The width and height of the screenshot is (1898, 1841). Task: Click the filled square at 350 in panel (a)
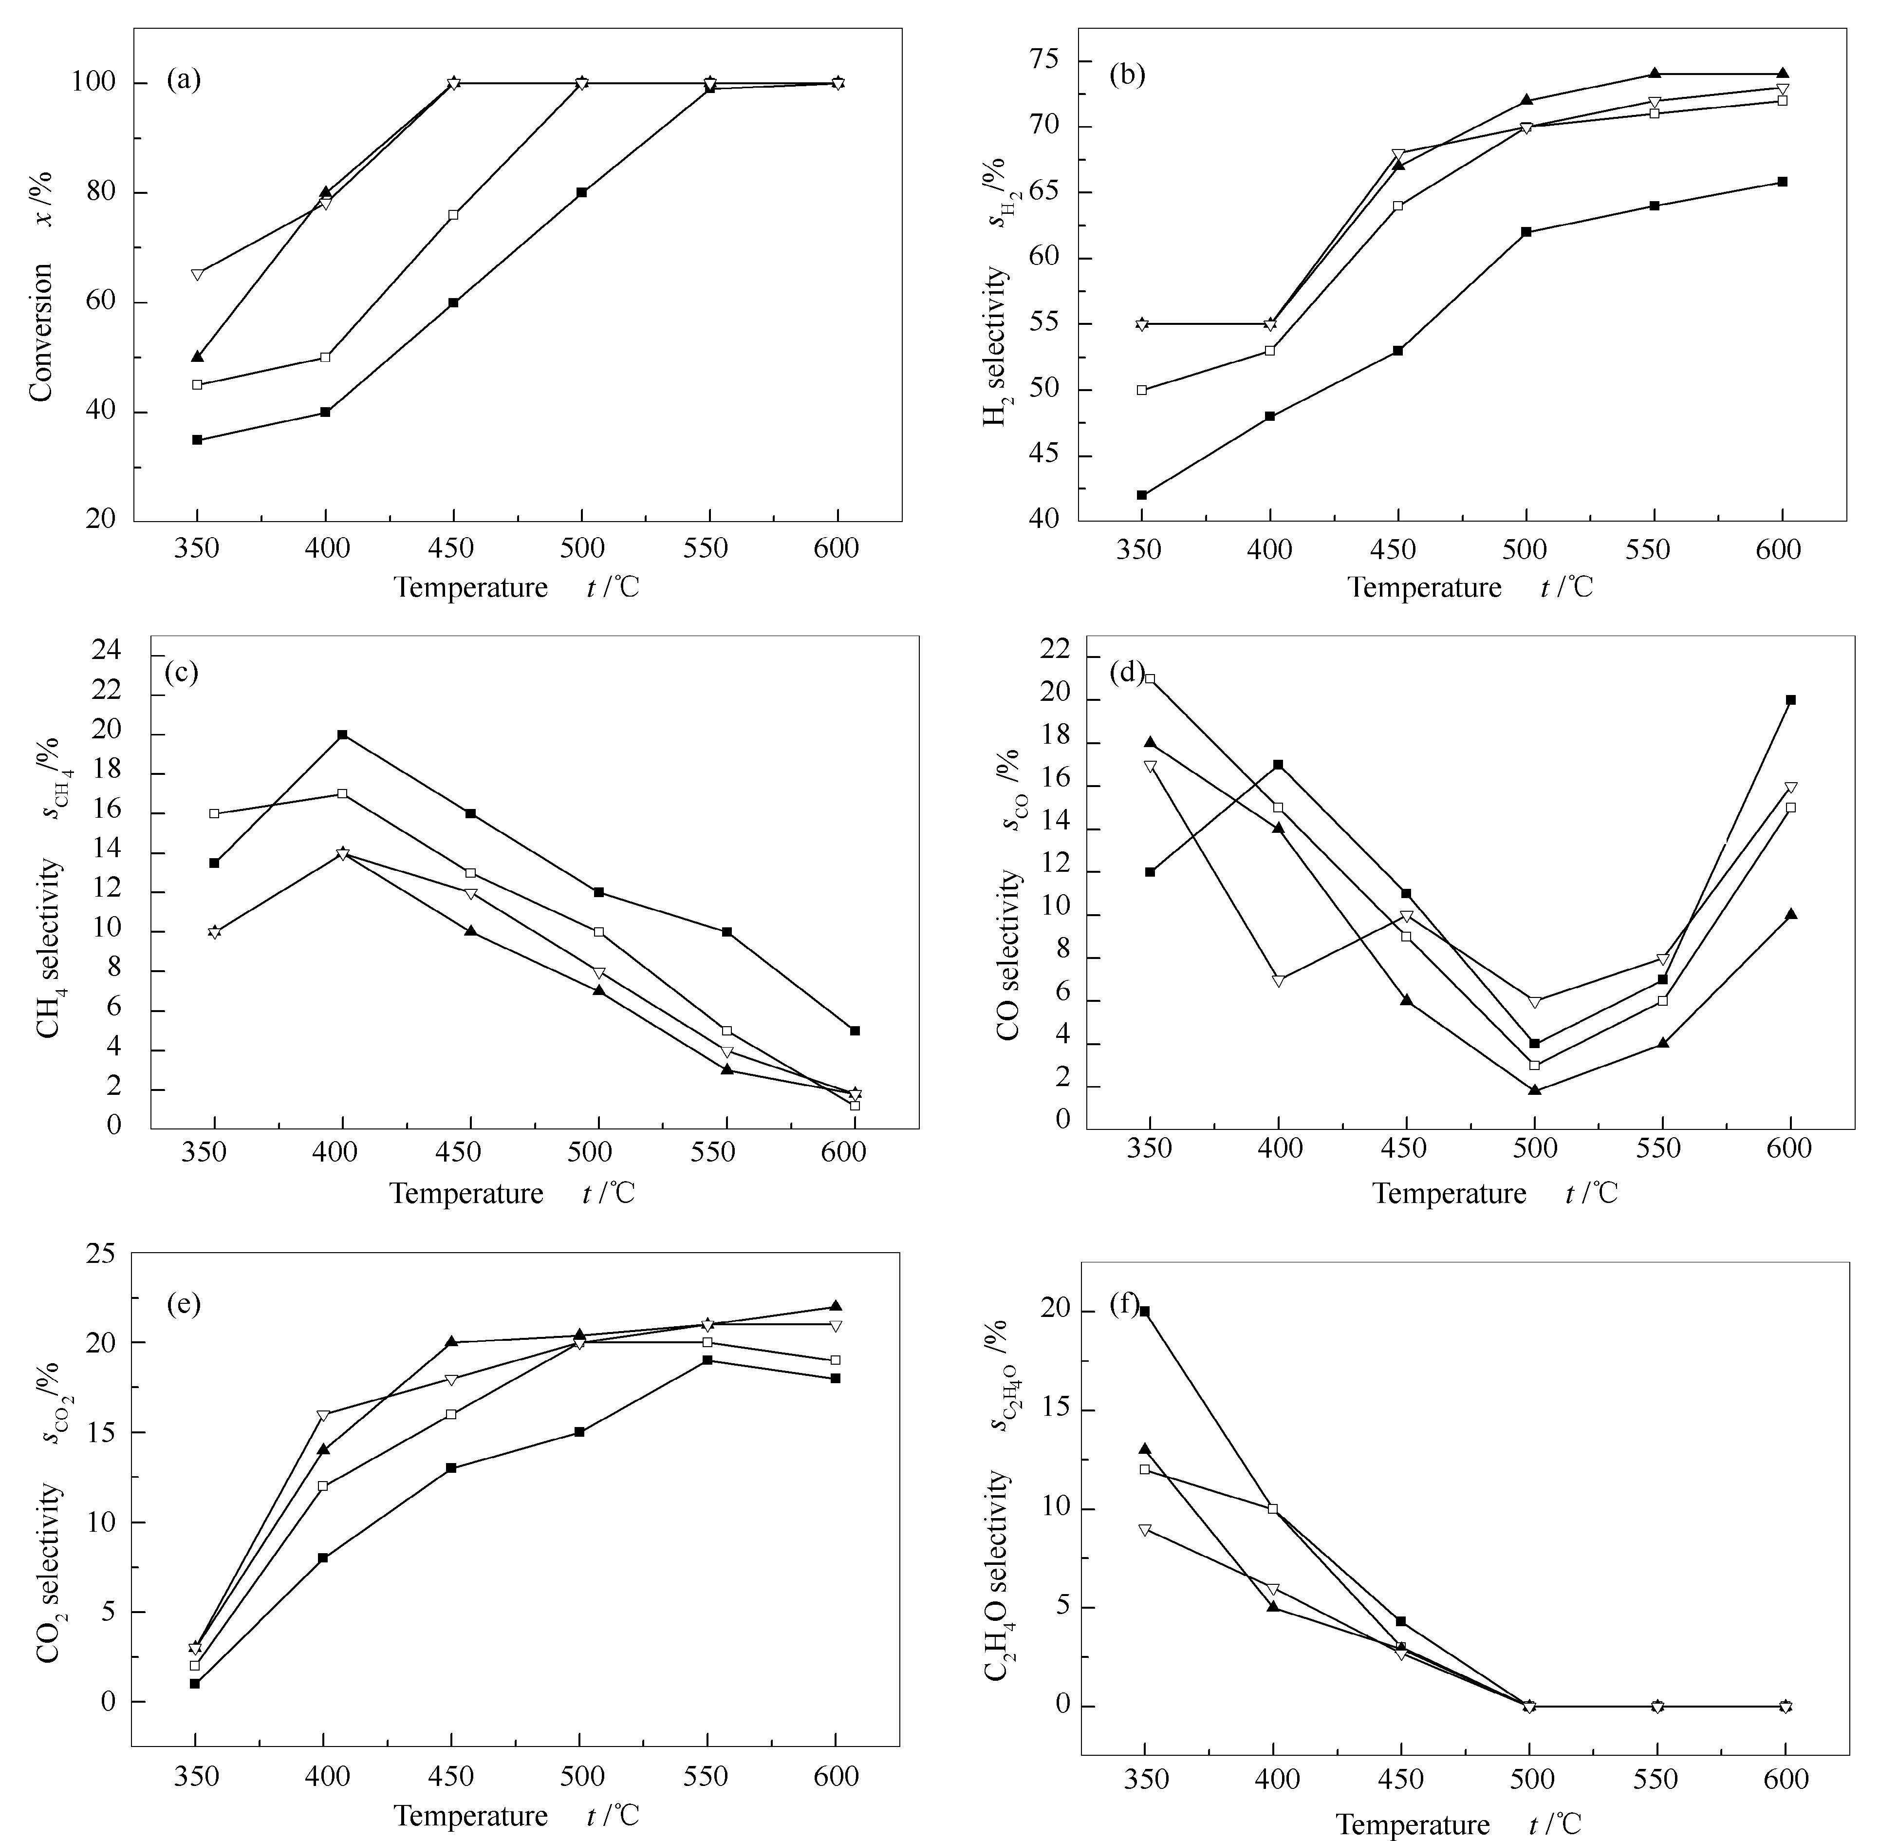point(198,440)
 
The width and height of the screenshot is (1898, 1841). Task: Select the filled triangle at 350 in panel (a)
point(198,357)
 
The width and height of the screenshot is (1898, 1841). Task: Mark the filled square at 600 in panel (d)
point(1790,699)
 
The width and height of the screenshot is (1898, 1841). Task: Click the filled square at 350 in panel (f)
point(1145,1310)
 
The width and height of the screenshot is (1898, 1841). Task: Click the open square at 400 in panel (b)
point(1269,351)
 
